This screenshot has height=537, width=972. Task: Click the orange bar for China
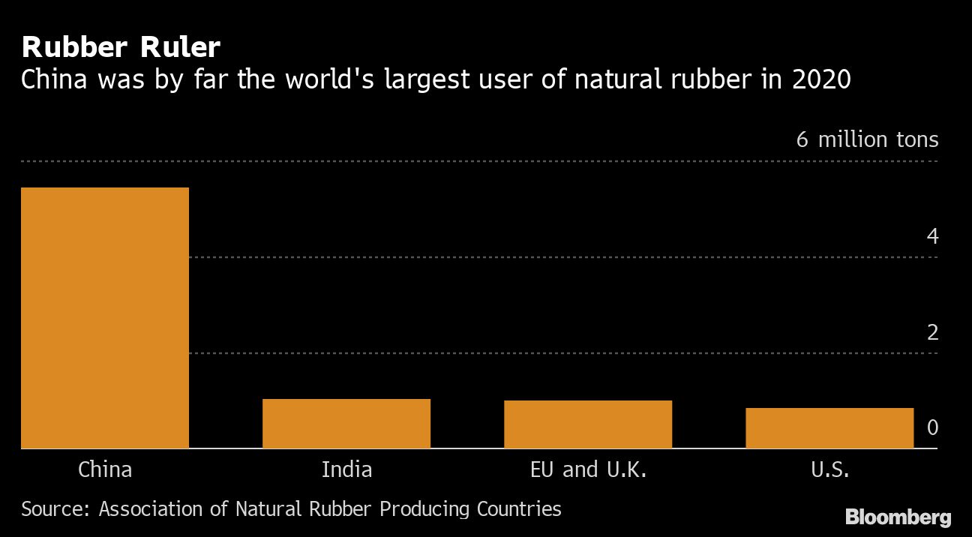tap(105, 318)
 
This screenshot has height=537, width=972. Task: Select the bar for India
tap(346, 423)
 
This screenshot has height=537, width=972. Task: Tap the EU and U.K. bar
tap(588, 424)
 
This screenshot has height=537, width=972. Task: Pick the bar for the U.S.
tap(829, 428)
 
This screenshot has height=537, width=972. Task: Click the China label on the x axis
tap(105, 469)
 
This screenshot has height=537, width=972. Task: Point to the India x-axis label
tap(346, 469)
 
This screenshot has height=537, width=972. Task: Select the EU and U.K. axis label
tap(589, 469)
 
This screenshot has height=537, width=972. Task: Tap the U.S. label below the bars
tap(829, 469)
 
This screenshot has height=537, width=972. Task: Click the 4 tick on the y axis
tap(932, 236)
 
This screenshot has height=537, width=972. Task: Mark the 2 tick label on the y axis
tap(932, 333)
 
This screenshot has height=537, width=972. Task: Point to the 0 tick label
tap(932, 427)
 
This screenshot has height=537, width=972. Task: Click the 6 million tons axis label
tap(868, 139)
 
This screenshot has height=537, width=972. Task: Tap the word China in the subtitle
tap(54, 79)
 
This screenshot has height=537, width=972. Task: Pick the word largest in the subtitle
tap(427, 80)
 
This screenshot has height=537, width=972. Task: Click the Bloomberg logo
tap(898, 517)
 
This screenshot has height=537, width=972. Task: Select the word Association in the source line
tap(151, 509)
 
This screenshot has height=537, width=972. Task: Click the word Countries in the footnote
tap(519, 509)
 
